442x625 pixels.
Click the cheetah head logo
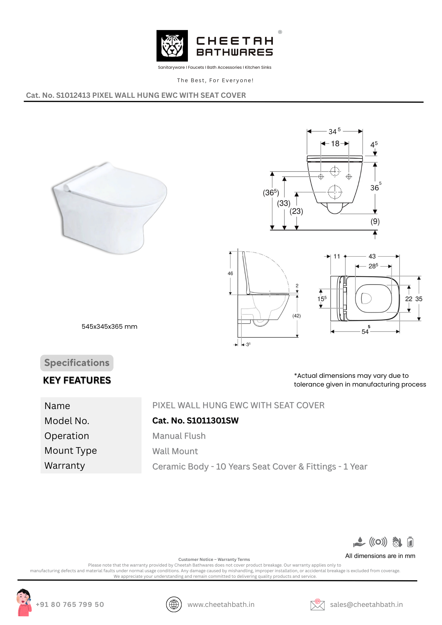pos(172,46)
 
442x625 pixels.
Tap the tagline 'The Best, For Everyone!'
pos(215,80)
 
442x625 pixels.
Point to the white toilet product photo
pos(109,207)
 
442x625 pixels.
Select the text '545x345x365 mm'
pos(109,327)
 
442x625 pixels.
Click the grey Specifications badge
pos(77,363)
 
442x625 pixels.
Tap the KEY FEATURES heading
pos(77,380)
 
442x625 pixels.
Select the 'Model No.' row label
pos(67,421)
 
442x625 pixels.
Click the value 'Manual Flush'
pos(179,436)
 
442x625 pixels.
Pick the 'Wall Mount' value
pos(175,451)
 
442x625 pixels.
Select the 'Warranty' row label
pos(65,466)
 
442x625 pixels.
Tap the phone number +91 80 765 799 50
pos(70,604)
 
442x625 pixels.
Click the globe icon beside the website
pos(174,604)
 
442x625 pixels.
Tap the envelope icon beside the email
pos(317,604)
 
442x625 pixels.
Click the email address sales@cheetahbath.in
pos(366,605)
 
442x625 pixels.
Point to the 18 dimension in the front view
pos(335,143)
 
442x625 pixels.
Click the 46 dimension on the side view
pos(230,273)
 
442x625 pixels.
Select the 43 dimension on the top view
pos(372,256)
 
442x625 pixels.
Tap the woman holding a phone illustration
pos(24,602)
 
